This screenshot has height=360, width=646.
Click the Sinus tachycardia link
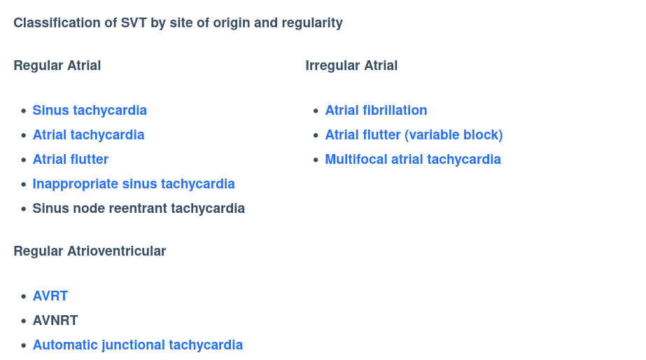[x=90, y=111]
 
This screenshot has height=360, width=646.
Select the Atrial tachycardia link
[x=88, y=135]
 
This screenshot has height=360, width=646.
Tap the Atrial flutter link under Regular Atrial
[x=71, y=160]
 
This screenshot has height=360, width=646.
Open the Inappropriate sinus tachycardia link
[x=134, y=184]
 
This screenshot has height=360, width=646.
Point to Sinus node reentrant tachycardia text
[x=139, y=209]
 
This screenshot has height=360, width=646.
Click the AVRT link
[x=50, y=296]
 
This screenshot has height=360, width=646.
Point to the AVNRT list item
[x=55, y=321]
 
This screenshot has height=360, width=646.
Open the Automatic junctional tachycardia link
[x=138, y=345]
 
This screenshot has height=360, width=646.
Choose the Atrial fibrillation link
[x=376, y=111]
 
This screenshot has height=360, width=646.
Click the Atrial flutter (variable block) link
[x=414, y=135]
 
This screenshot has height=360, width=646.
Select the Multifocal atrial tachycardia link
[x=413, y=160]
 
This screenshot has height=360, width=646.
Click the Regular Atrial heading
[x=57, y=66]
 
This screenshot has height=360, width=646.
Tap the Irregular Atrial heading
[x=351, y=66]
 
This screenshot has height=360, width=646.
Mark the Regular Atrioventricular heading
[x=90, y=251]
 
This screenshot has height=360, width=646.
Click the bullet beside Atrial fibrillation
[x=316, y=111]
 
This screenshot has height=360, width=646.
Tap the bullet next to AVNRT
[x=24, y=321]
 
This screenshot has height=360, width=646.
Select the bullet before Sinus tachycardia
[x=24, y=111]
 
